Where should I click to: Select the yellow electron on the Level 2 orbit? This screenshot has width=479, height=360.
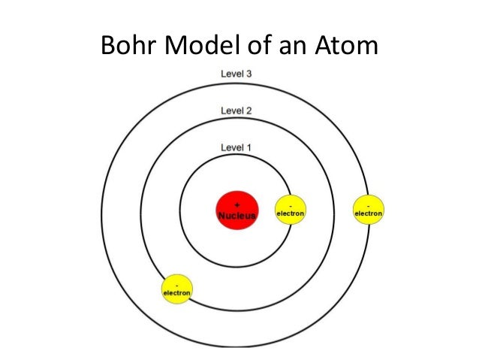178,288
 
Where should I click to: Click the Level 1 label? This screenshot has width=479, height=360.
236,147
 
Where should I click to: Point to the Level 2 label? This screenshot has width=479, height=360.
236,110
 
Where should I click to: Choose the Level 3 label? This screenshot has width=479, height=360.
236,74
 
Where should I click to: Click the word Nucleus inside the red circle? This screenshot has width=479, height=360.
237,216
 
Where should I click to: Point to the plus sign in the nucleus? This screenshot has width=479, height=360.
237,204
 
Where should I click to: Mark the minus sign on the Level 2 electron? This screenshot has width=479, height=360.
178,283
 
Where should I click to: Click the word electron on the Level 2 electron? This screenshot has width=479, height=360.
178,292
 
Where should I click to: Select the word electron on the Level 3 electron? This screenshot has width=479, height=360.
368,213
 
